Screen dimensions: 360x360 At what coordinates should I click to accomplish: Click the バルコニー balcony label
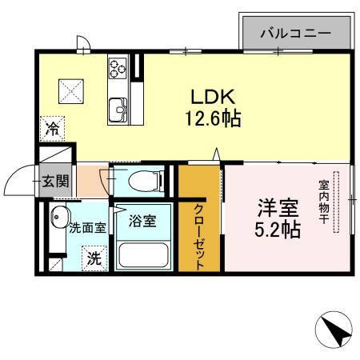coord(297,33)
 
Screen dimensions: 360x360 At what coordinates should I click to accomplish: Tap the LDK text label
coord(211,96)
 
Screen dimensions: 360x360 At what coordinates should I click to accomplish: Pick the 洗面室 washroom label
coord(87,227)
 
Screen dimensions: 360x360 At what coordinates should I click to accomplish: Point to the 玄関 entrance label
coord(55,181)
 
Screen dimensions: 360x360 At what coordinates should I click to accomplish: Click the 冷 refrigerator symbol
coord(52,128)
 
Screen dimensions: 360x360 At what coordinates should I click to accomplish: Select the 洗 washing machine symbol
coord(94,258)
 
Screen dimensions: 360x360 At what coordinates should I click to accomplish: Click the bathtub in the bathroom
coord(143,256)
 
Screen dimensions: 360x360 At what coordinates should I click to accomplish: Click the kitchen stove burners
coord(118,66)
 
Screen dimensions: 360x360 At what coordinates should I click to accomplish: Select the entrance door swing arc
coord(16,182)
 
